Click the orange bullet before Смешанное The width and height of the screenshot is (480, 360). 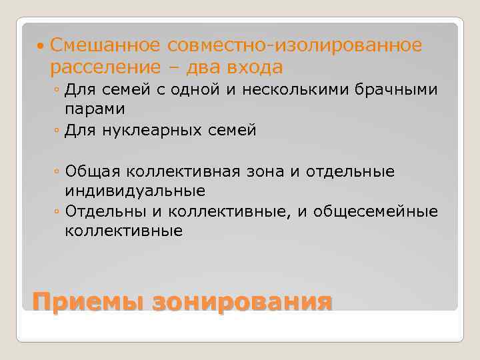point(41,46)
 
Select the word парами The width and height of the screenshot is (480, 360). point(95,108)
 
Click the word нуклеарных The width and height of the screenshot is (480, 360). point(148,130)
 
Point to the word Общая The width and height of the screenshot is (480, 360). point(91,172)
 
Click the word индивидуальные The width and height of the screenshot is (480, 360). point(135,191)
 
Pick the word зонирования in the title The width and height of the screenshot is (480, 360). point(241,301)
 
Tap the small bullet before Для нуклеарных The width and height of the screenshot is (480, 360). point(57,131)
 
